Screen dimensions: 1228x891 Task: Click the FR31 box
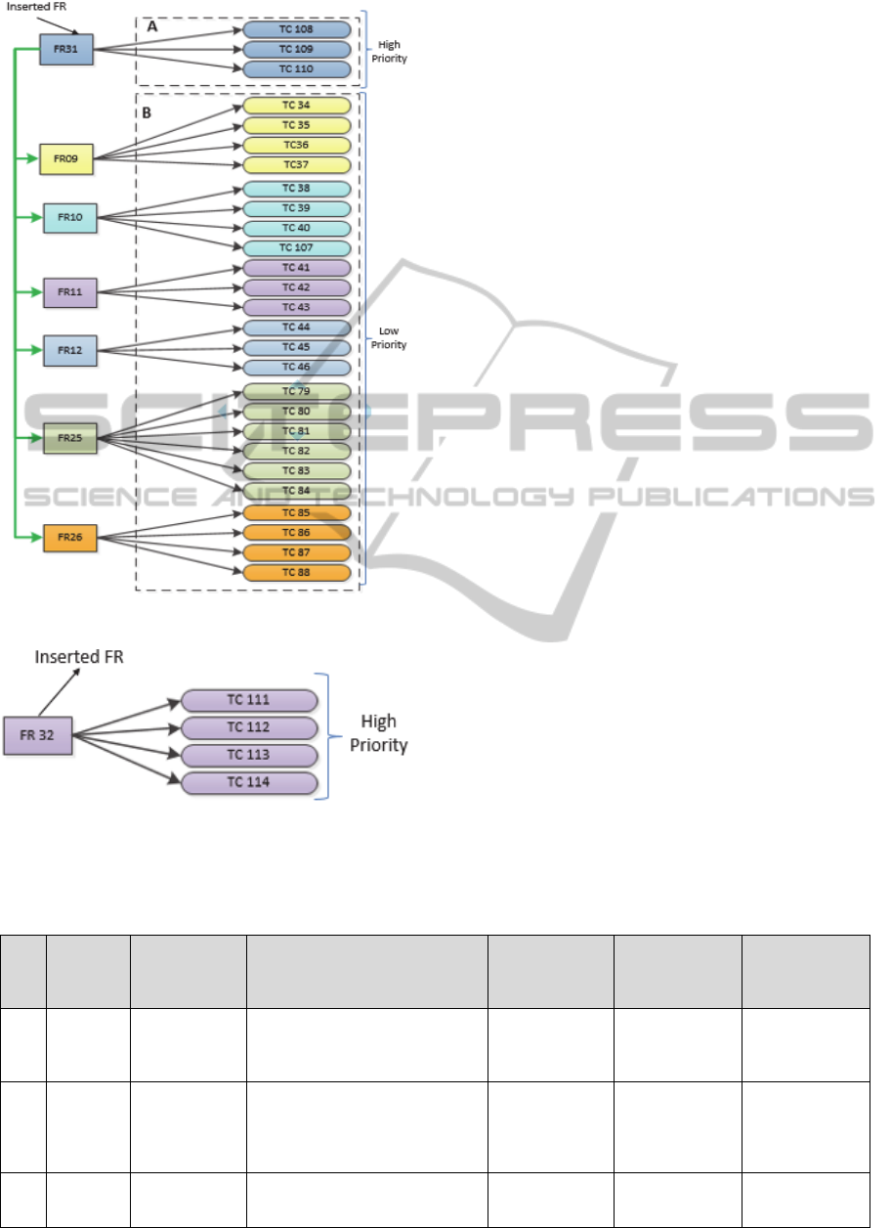66,50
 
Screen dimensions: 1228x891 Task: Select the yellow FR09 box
66,159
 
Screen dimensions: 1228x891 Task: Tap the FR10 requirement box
70,217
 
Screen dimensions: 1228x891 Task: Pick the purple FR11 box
70,290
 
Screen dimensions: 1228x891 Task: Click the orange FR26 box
70,538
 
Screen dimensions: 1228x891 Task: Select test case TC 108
297,29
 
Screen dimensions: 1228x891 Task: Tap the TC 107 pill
297,246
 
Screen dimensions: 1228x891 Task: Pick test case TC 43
297,308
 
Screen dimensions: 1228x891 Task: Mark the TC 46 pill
297,368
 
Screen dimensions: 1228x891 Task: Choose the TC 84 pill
297,490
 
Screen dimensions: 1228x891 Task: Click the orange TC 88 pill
297,572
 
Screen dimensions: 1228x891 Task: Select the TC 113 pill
249,756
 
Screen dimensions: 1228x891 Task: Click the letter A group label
151,28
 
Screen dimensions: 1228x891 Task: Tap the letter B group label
147,112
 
